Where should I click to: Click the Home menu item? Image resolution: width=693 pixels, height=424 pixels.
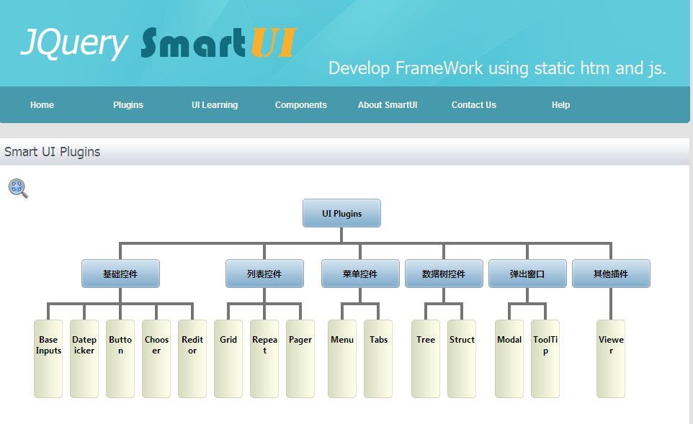[42, 105]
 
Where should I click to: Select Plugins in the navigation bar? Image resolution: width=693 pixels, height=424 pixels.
[128, 105]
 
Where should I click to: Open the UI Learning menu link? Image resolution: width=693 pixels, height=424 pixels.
[215, 105]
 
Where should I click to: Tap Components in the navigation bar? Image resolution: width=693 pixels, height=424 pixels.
[301, 105]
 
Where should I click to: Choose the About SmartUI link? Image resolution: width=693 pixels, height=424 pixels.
[388, 105]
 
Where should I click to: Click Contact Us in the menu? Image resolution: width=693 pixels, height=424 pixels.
[474, 105]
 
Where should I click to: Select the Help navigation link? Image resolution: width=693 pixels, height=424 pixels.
[560, 105]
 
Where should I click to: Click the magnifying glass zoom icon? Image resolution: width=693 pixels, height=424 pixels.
[18, 189]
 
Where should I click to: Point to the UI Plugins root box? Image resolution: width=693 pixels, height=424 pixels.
[341, 213]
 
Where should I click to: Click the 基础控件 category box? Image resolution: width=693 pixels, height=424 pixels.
[120, 274]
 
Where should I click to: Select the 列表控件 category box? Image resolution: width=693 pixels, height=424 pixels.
[264, 274]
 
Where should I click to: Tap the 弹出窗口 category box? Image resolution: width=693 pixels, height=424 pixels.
[528, 274]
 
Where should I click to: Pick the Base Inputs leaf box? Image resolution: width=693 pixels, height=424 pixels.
[48, 358]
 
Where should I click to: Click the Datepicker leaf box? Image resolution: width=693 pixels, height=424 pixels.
[84, 358]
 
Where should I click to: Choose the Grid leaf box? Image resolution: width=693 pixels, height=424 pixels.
[228, 358]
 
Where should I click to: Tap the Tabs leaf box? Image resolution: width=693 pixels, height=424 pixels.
[378, 358]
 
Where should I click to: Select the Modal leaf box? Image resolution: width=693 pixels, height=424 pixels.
[509, 358]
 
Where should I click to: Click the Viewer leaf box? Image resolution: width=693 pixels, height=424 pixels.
[611, 358]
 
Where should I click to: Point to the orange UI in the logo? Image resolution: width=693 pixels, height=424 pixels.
[274, 43]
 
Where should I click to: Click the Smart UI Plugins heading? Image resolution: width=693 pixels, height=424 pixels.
[52, 152]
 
